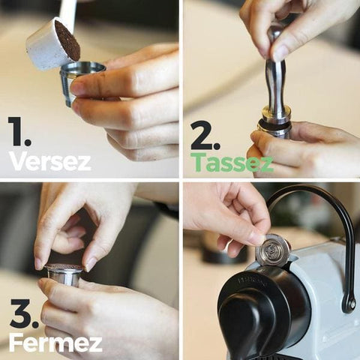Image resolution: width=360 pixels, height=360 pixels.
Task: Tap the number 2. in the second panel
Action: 205,136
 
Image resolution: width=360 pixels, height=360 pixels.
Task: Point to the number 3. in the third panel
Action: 24,313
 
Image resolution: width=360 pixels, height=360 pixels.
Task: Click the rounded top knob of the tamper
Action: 276,34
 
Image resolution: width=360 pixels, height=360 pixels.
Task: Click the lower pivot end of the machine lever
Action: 348,303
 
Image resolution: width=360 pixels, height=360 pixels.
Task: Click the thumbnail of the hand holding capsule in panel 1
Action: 79,87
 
